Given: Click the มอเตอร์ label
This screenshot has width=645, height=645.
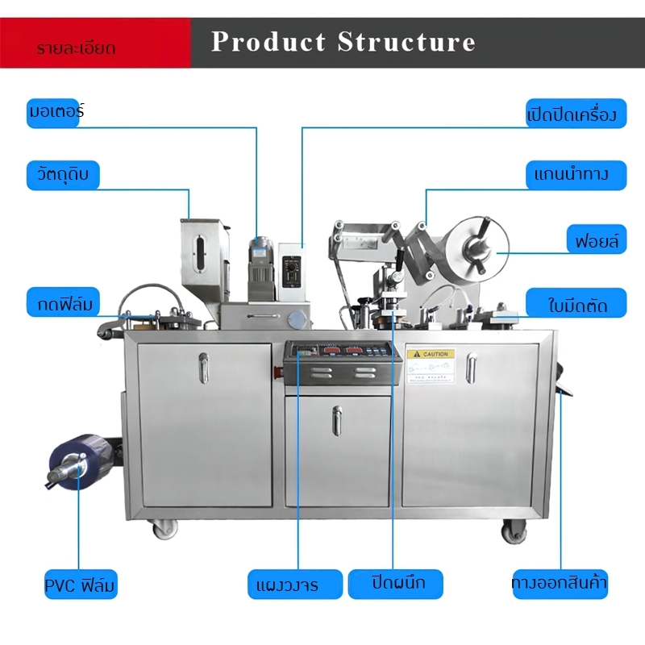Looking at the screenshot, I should [x=56, y=112].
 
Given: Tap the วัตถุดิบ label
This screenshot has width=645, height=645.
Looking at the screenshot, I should [x=63, y=175].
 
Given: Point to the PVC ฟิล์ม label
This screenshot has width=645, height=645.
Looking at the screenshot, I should [x=81, y=584].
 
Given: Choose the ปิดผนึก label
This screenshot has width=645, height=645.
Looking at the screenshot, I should [x=397, y=583].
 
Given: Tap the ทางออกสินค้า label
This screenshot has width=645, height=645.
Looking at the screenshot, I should [x=560, y=583].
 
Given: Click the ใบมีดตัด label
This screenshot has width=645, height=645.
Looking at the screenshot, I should [x=576, y=304].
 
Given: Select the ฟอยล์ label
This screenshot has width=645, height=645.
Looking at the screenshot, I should [x=596, y=240].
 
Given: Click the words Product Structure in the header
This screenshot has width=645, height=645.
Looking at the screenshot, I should [x=343, y=42].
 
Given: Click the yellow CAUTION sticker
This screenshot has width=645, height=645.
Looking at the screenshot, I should [x=430, y=354].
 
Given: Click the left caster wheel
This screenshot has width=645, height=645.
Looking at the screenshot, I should [x=164, y=529].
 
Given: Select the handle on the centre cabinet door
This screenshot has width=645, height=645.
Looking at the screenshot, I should [x=337, y=420].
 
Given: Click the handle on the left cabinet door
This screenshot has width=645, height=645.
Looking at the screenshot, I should [x=204, y=368].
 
